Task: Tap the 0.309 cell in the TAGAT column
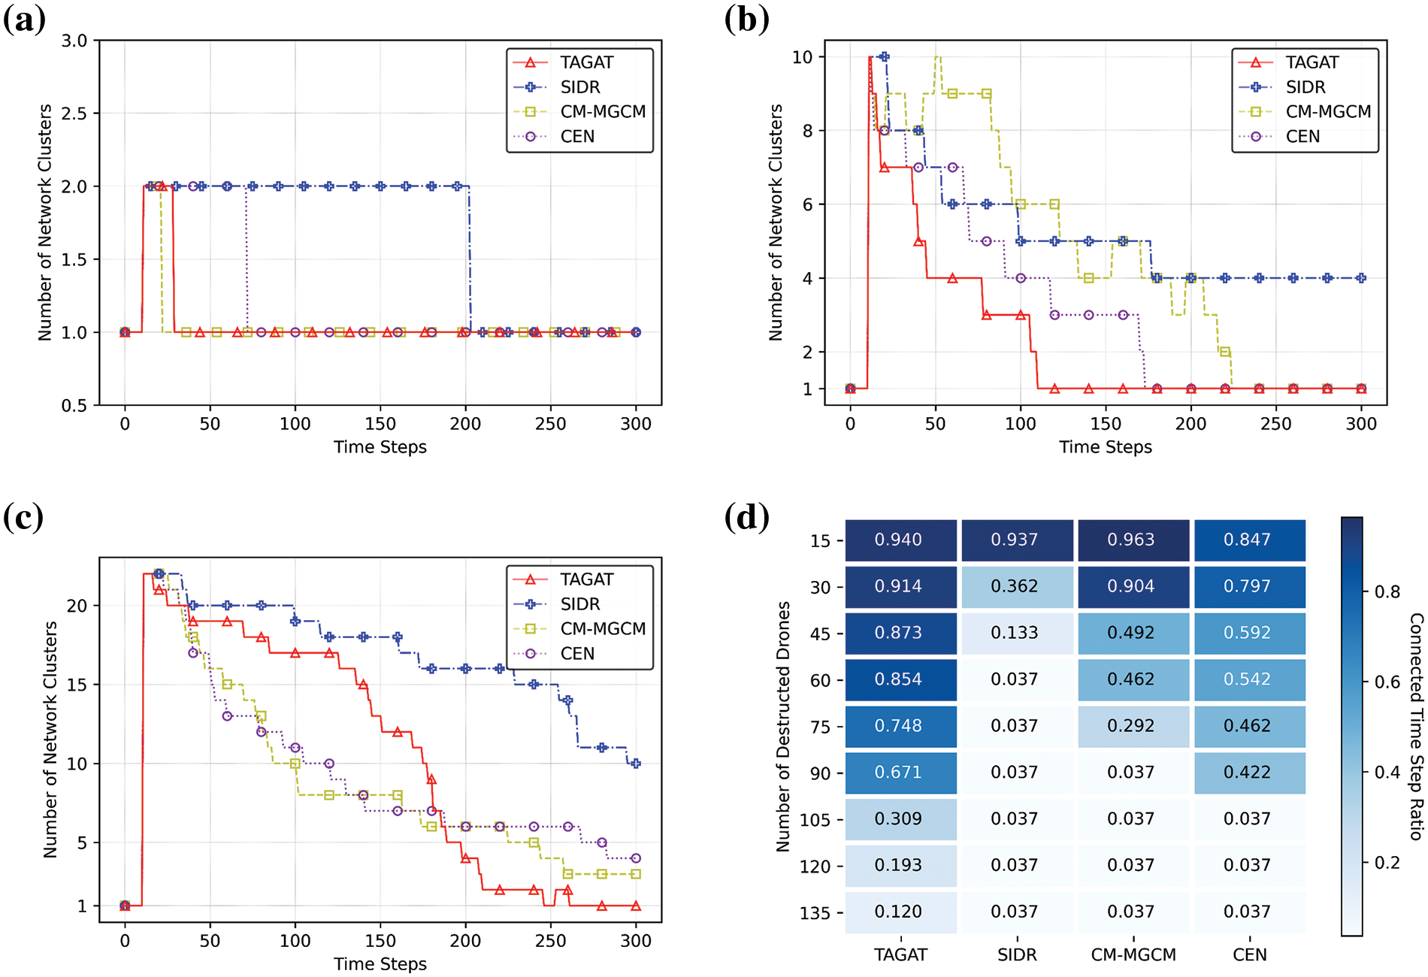[x=900, y=818]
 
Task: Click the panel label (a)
[x=24, y=20]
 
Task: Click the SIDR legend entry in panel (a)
[x=579, y=87]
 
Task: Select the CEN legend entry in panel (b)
[x=1302, y=137]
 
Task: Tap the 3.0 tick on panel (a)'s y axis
[x=74, y=41]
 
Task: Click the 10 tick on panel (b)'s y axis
[x=802, y=57]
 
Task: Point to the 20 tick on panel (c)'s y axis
[x=77, y=606]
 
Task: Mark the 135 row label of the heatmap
[x=815, y=913]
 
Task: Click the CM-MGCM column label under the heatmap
[x=1133, y=955]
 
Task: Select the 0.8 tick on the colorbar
[x=1387, y=592]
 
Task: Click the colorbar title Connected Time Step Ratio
[x=1416, y=726]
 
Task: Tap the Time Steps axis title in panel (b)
[x=1105, y=447]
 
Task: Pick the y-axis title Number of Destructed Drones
[x=783, y=726]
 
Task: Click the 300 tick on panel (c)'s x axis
[x=636, y=941]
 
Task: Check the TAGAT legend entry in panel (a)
[x=586, y=62]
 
